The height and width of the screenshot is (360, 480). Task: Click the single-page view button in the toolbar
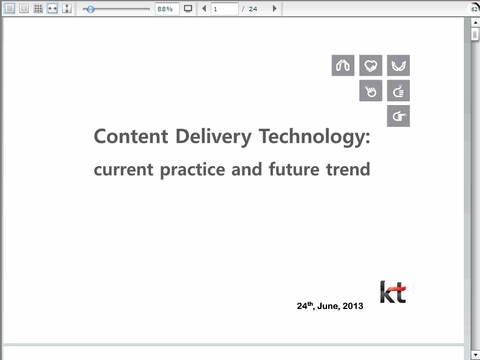point(9,9)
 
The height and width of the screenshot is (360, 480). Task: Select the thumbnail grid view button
point(38,9)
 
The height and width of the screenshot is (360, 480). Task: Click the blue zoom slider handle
point(90,9)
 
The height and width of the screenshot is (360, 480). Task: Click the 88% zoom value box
point(167,9)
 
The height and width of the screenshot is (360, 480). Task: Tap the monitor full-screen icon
point(188,9)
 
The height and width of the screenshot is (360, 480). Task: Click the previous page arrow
point(204,9)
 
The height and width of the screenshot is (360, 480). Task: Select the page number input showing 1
point(224,9)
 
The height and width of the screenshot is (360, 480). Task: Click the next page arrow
point(275,9)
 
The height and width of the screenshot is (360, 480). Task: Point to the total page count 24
point(253,9)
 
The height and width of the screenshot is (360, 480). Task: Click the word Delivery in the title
point(213,137)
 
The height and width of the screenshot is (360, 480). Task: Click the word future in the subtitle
point(294,169)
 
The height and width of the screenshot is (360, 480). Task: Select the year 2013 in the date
point(353,306)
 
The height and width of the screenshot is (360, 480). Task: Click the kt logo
point(393,292)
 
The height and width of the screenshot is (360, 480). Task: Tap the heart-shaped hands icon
point(371,65)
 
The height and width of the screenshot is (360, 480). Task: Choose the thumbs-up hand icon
point(399,91)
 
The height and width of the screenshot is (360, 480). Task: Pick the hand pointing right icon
point(399,116)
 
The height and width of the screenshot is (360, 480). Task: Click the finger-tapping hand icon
point(371,91)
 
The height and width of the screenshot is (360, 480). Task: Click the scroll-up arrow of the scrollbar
point(475,22)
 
